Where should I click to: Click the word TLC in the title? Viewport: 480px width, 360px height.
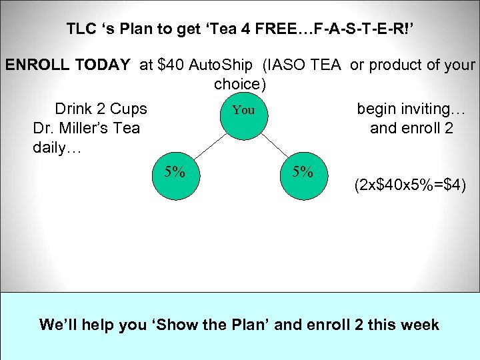[x=80, y=29]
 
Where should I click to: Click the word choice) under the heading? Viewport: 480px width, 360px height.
[x=240, y=85]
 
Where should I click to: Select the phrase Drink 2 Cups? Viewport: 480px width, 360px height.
[x=101, y=109]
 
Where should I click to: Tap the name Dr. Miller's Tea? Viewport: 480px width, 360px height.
[x=86, y=128]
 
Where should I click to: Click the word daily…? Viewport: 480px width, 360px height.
[x=57, y=147]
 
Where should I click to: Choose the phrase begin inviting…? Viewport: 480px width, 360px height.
[x=411, y=109]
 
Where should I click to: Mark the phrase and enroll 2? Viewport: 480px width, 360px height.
[x=411, y=128]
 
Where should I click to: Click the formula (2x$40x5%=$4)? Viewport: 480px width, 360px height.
[x=410, y=185]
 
